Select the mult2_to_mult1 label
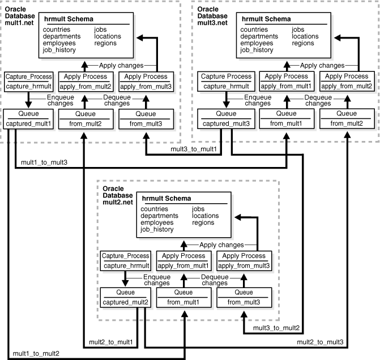pyautogui.click(x=109, y=342)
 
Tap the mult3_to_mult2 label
pyautogui.click(x=276, y=329)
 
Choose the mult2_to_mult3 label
pyautogui.click(x=319, y=342)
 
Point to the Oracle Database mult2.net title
pyautogui.click(x=118, y=194)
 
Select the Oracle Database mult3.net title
pyautogui.click(x=216, y=18)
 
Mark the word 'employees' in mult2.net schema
pyautogui.click(x=158, y=222)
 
